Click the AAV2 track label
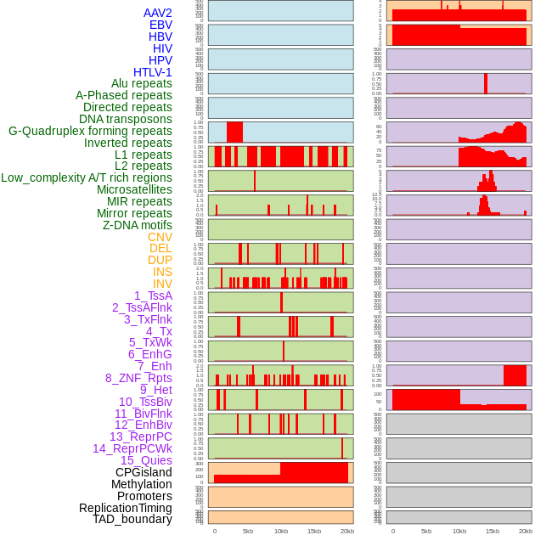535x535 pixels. (x=158, y=13)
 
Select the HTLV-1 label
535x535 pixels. (x=153, y=72)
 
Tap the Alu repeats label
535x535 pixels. (x=142, y=83)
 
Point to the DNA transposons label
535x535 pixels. (x=126, y=119)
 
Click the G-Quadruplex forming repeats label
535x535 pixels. (x=90, y=131)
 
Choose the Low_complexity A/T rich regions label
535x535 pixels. (x=87, y=177)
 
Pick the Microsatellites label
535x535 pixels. (x=134, y=189)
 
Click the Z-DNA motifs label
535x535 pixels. (x=138, y=225)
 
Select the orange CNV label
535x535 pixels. (x=160, y=237)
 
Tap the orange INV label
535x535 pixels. (x=162, y=284)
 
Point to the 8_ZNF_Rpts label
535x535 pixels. (x=138, y=378)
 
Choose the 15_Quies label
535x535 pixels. (x=146, y=460)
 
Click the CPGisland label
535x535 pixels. (x=144, y=472)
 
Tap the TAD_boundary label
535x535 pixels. (x=132, y=519)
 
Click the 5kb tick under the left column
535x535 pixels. (x=248, y=531)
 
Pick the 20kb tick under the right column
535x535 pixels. (x=526, y=531)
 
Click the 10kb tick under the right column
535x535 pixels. (x=459, y=531)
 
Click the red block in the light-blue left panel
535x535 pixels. (x=234, y=132)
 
